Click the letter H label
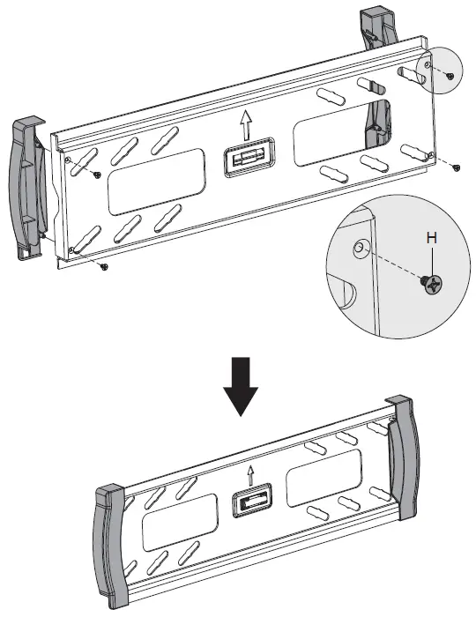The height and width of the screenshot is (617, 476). pyautogui.click(x=430, y=238)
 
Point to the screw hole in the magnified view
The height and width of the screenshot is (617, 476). pyautogui.click(x=360, y=249)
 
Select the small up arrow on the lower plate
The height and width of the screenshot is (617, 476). pyautogui.click(x=252, y=477)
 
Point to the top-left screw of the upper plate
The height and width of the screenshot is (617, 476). pyautogui.click(x=97, y=175)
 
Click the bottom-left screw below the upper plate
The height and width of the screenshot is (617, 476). pyautogui.click(x=104, y=265)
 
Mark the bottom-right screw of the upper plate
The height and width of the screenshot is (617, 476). pyautogui.click(x=455, y=166)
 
